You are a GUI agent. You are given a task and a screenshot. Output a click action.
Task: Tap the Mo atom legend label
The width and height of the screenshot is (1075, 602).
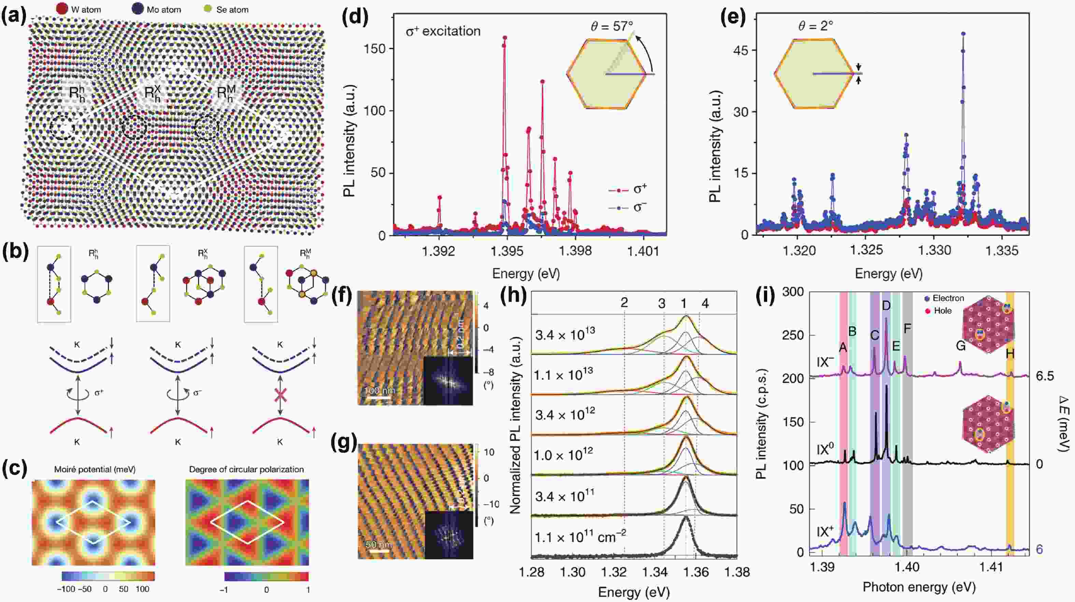click(163, 10)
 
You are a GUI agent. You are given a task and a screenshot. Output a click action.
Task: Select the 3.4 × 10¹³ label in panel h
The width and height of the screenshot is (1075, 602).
click(565, 334)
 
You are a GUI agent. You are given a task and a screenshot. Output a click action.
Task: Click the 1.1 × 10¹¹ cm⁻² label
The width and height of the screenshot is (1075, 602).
click(580, 537)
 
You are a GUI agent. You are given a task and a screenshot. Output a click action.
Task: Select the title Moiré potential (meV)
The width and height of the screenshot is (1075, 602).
click(95, 469)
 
